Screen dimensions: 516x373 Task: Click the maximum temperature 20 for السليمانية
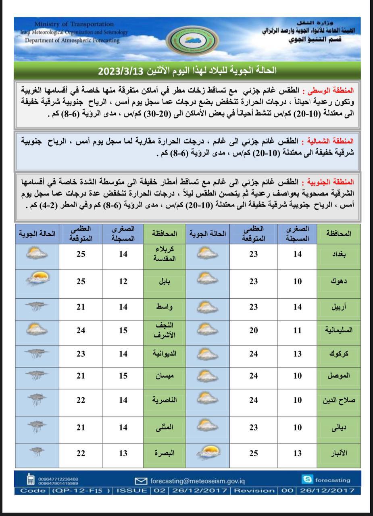coord(253,330)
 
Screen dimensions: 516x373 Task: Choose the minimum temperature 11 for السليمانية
coord(297,330)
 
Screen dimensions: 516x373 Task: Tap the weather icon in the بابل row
coord(37,279)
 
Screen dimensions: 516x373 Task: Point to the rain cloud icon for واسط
coord(37,307)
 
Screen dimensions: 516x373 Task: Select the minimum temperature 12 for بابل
coord(123,281)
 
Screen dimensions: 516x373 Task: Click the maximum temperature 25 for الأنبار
coord(253,453)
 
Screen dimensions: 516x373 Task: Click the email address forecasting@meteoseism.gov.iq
coord(197,481)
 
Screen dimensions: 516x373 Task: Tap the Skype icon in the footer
coord(307,479)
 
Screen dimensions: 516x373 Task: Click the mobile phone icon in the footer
coord(30,480)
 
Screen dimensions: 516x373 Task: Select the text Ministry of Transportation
coord(74,24)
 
